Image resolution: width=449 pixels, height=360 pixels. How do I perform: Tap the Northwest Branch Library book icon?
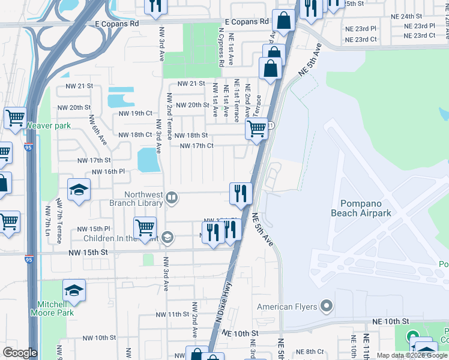pos(172,197)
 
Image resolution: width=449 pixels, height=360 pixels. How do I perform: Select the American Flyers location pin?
pos(327,307)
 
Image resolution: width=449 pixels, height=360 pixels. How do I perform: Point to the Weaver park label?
pos(48,126)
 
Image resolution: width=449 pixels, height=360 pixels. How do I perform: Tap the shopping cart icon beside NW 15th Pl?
pos(145,229)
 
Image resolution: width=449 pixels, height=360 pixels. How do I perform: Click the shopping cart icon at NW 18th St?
pos(257,128)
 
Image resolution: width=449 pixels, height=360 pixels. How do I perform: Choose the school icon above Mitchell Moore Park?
pos(74,290)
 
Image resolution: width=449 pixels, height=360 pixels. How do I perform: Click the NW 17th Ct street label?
pos(197,146)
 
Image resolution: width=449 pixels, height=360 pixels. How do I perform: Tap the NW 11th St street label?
pos(172,314)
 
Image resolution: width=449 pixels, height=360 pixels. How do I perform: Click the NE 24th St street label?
pos(406,16)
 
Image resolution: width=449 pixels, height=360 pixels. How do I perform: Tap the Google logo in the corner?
pos(20,352)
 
